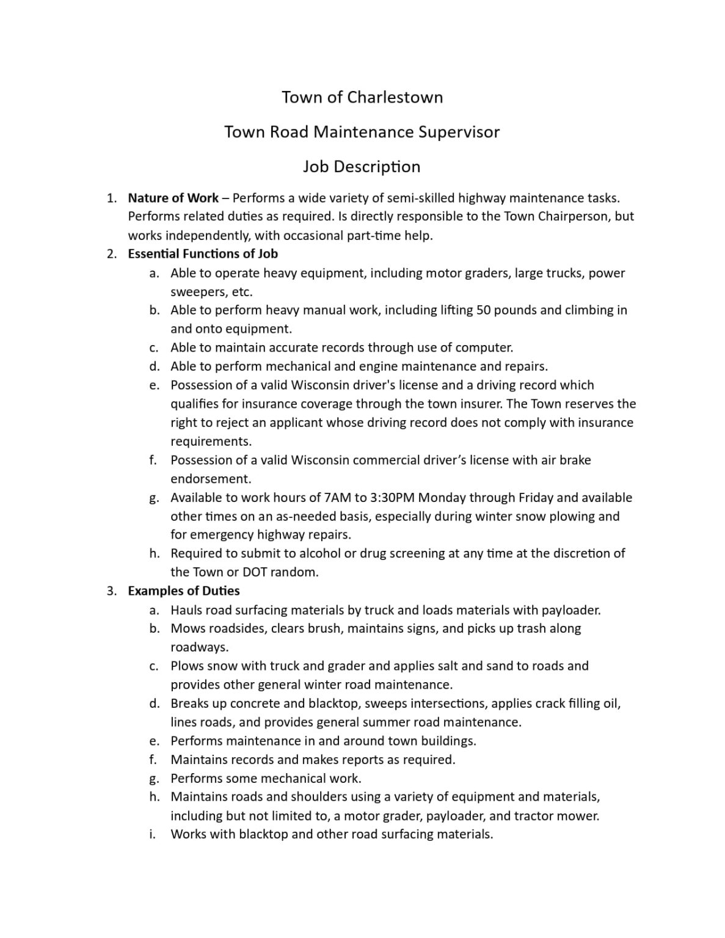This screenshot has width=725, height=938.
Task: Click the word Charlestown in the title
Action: pyautogui.click(x=395, y=97)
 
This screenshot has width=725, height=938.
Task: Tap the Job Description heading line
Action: pyautogui.click(x=362, y=167)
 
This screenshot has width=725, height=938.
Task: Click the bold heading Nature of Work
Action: pyautogui.click(x=173, y=198)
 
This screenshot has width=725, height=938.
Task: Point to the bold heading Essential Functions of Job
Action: pyautogui.click(x=203, y=253)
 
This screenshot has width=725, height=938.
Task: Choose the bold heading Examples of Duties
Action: pyautogui.click(x=183, y=591)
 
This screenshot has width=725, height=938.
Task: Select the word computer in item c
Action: pyautogui.click(x=487, y=347)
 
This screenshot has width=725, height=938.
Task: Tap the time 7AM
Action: pyautogui.click(x=339, y=498)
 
